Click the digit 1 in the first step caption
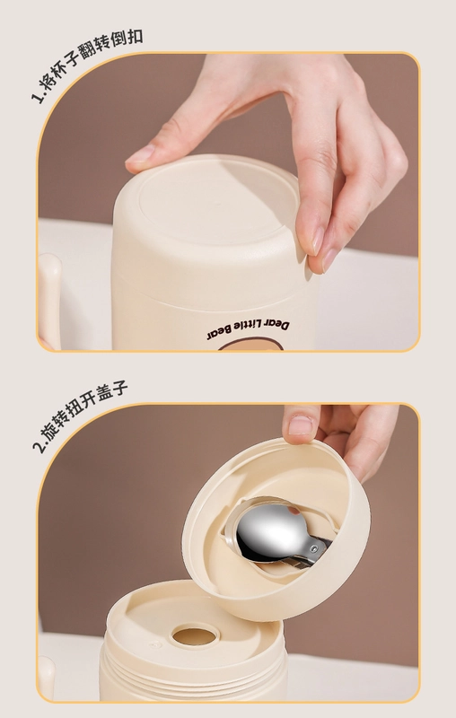pos(36,97)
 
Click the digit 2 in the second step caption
pos(39,445)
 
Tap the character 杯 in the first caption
pos(62,74)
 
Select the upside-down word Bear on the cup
pos(219,333)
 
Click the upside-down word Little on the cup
pos(248,327)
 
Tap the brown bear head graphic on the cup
pos(250,345)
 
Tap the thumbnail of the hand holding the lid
pos(301,425)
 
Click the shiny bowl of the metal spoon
pos(271,532)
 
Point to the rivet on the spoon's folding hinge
pos(313,548)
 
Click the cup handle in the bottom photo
pos(46,678)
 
